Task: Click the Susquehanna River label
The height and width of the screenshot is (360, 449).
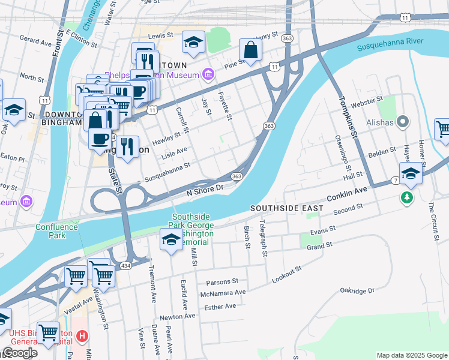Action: pos(390,43)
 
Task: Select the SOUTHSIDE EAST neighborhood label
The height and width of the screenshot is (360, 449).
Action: pos(287,208)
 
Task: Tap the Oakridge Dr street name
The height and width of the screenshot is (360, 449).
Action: pos(357,290)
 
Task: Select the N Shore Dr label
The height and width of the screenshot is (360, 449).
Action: pos(205,190)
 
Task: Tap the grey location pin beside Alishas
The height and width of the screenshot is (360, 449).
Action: pos(403,122)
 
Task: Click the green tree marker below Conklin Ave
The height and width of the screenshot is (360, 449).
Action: pos(408,197)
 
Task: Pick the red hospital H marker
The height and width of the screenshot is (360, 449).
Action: pos(82,336)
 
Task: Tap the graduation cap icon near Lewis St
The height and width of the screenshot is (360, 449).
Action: pos(193,43)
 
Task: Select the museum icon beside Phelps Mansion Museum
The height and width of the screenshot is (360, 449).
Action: pos(208,75)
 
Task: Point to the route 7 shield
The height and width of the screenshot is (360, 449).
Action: pos(396,180)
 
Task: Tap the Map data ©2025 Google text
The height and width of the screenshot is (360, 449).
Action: pos(411,355)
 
